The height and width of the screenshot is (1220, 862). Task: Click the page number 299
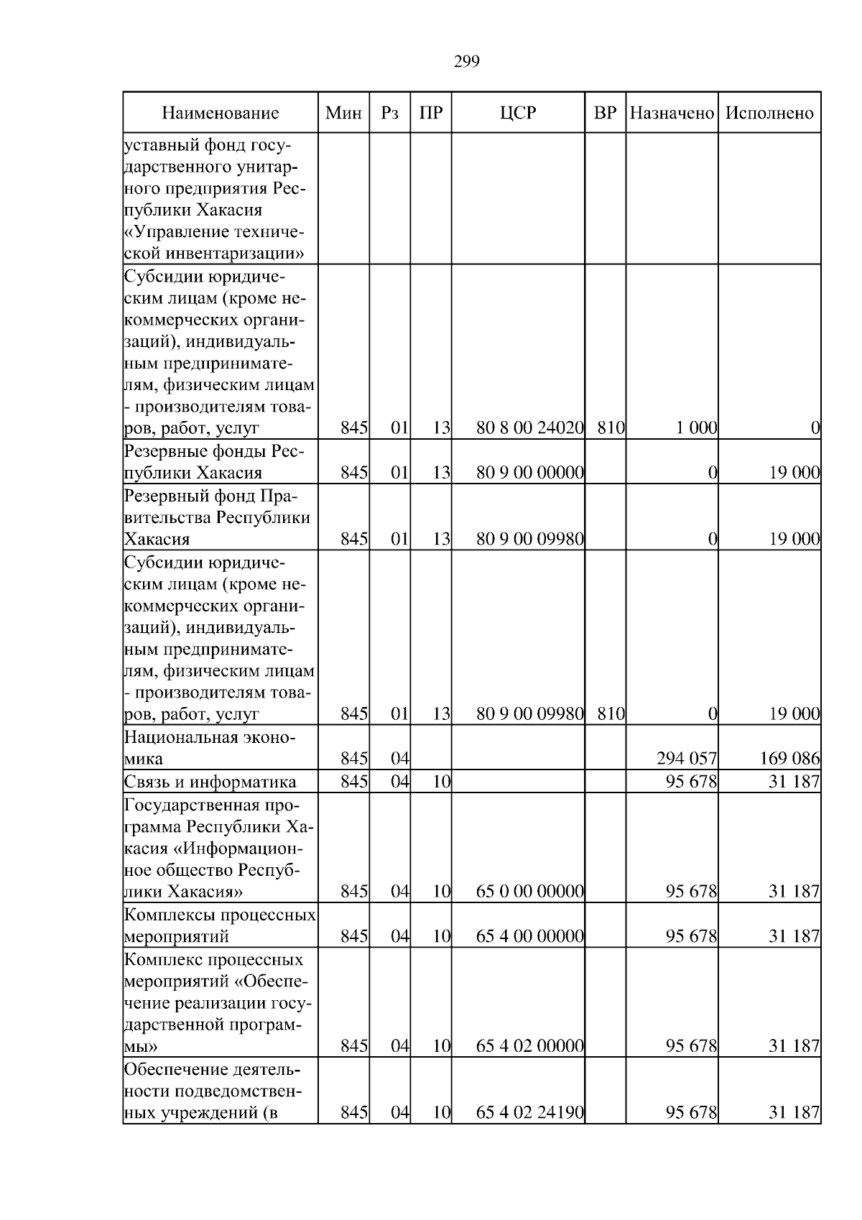click(x=467, y=62)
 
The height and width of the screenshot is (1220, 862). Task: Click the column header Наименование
click(x=220, y=113)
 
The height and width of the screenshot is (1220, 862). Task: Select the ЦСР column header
click(x=518, y=113)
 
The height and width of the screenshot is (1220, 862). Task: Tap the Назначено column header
click(x=672, y=113)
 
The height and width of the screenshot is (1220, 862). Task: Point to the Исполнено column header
click(x=769, y=113)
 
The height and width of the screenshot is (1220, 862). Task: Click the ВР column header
click(x=606, y=113)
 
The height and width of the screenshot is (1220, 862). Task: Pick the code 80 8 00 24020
click(x=529, y=428)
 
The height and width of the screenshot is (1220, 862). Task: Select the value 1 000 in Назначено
click(x=696, y=428)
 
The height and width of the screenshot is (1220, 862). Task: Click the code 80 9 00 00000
click(x=529, y=473)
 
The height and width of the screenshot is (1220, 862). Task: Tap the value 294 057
click(x=687, y=759)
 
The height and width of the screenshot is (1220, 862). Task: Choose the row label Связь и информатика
click(x=210, y=782)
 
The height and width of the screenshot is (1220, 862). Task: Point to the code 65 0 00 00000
click(x=529, y=892)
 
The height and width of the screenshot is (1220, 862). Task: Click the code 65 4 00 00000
click(x=529, y=936)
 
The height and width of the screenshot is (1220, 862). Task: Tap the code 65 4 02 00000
click(x=529, y=1046)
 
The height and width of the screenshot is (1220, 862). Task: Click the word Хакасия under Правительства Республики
click(x=157, y=540)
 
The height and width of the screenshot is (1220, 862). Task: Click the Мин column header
click(x=343, y=113)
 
